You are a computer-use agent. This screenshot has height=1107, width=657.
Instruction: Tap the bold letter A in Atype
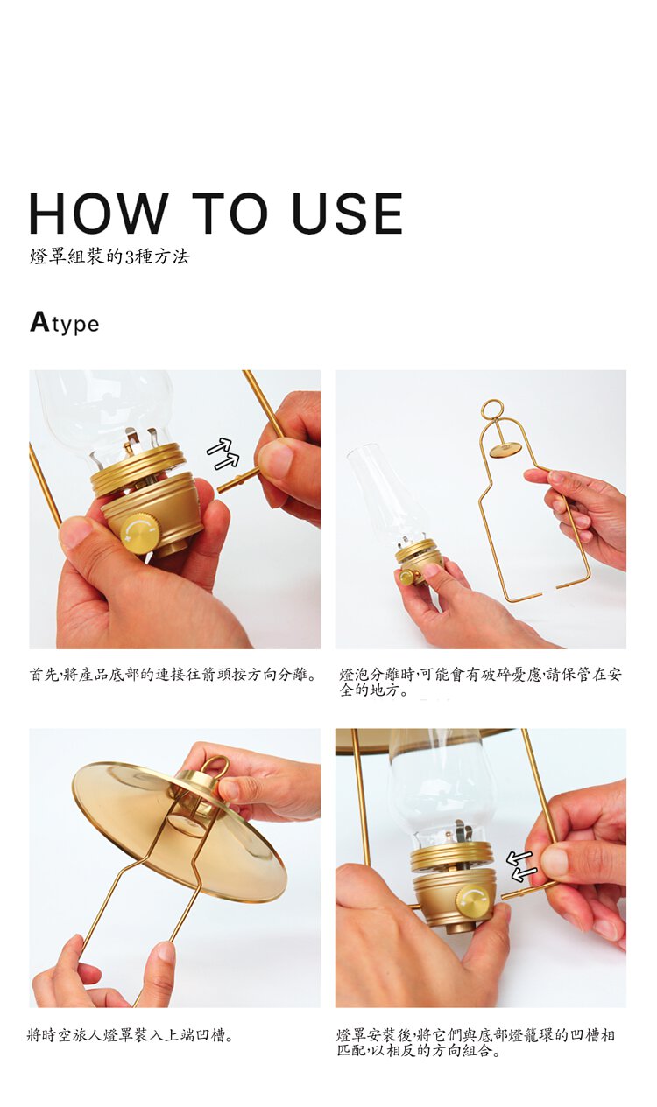click(39, 322)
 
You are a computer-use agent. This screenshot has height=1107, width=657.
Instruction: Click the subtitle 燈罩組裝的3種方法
click(109, 256)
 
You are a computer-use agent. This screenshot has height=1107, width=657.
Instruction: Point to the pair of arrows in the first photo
click(223, 453)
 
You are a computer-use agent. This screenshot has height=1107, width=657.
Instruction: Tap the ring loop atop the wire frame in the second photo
click(492, 410)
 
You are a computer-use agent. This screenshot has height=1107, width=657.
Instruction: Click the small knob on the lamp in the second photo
click(407, 577)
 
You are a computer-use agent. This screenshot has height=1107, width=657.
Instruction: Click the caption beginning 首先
click(173, 674)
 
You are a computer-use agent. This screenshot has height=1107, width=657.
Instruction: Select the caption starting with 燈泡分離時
click(480, 682)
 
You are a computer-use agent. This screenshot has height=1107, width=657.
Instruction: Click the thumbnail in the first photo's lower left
click(74, 532)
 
